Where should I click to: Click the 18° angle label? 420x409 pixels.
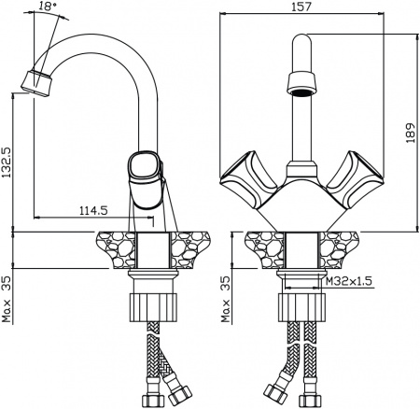point(48,8)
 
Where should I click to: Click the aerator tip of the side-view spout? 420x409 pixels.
point(35,81)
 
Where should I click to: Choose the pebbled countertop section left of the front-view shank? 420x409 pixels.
point(263,249)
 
